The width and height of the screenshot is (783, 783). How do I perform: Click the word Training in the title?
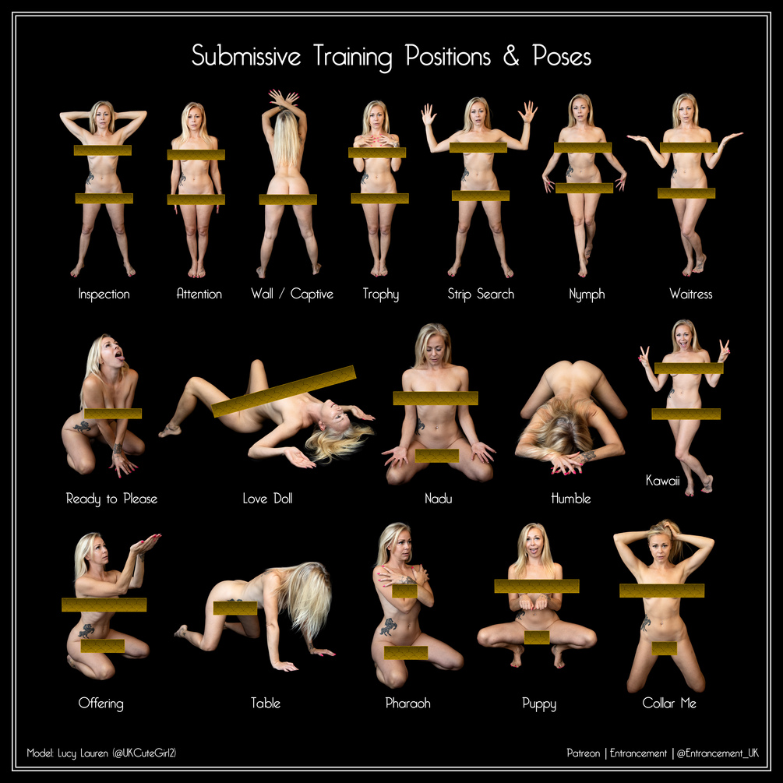(x=353, y=56)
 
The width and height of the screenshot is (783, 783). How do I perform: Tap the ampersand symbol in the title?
(x=511, y=55)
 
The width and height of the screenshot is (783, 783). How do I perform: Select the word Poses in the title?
(x=562, y=55)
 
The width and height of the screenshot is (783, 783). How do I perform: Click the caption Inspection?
(x=104, y=295)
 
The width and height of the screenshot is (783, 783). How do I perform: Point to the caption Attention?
(x=199, y=294)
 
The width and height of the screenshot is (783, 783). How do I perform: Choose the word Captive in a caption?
(x=312, y=295)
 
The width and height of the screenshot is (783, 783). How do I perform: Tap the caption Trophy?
(x=380, y=295)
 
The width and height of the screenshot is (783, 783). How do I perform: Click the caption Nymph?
(x=587, y=295)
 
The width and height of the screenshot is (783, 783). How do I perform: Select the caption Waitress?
(x=690, y=294)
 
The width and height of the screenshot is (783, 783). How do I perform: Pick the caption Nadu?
(x=439, y=499)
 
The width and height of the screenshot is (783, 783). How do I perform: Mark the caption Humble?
(x=571, y=499)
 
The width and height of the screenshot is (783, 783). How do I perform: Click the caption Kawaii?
(x=663, y=481)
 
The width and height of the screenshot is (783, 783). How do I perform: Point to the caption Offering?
(x=101, y=704)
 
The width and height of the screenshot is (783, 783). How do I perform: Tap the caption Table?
(x=265, y=703)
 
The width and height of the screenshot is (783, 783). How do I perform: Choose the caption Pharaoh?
(x=407, y=703)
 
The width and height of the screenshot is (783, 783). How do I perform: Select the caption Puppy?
(x=539, y=704)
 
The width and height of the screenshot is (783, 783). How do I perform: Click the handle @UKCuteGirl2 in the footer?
(x=144, y=753)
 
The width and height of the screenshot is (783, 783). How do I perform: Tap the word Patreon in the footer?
(x=584, y=753)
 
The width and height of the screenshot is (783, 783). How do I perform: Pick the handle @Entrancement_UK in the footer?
(x=718, y=753)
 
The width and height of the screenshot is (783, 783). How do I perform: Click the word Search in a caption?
(x=495, y=294)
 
